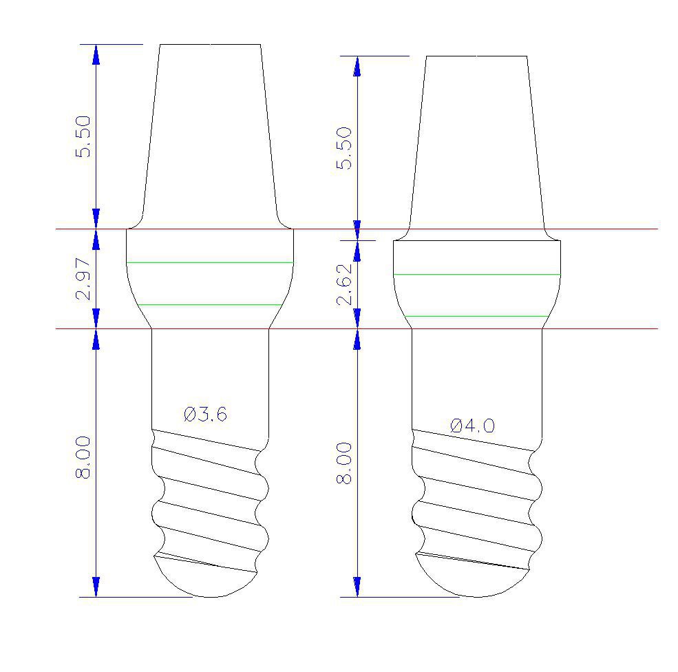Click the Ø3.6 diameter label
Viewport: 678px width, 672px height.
tap(205, 414)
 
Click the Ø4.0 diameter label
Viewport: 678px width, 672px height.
tap(472, 426)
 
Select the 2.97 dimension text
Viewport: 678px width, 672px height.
tap(84, 279)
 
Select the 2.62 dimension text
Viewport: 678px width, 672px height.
tap(344, 284)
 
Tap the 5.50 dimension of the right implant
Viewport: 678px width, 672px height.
tap(344, 148)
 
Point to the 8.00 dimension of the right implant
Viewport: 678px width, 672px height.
tap(344, 463)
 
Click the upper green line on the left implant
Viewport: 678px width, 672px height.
tap(210, 262)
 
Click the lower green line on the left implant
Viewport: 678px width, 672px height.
tap(210, 304)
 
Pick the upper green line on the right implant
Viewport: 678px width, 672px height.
tap(477, 274)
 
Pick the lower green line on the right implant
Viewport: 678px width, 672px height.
tap(477, 316)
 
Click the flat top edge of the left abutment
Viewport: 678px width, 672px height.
tap(210, 45)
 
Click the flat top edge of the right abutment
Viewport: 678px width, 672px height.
tap(476, 56)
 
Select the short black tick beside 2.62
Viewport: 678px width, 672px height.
tap(365, 240)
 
